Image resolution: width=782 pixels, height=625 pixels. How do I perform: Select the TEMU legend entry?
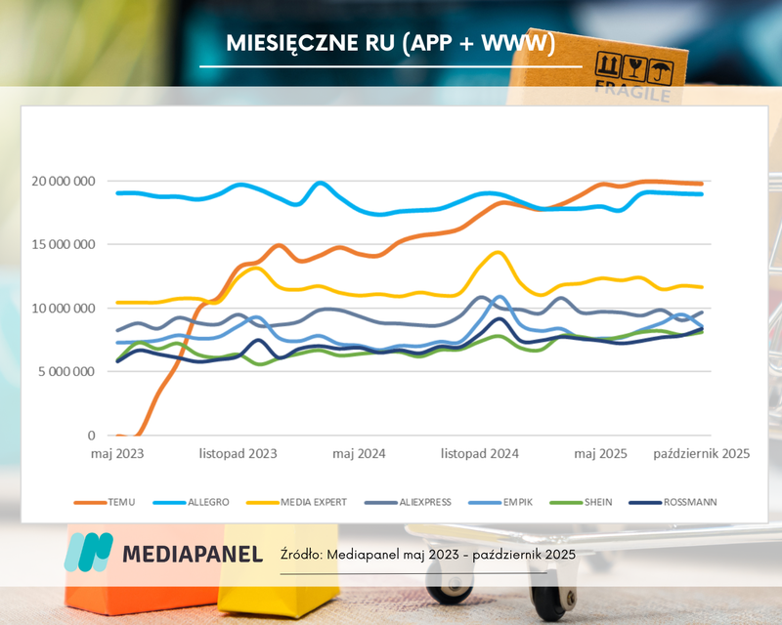[x=118, y=502]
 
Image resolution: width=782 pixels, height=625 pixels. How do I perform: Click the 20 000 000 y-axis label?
[x=63, y=181]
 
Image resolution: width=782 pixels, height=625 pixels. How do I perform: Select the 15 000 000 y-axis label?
[x=63, y=244]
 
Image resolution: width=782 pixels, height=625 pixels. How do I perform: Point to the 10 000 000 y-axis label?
[x=63, y=308]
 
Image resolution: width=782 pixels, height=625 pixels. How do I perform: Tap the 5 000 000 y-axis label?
[x=66, y=371]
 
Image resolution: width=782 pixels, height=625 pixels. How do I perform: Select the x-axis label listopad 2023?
[x=237, y=454]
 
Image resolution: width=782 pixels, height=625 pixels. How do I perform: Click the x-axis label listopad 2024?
[x=479, y=454]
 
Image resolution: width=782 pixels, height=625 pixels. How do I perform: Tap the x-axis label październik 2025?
[x=701, y=454]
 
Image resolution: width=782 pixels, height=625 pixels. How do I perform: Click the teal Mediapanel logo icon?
[x=88, y=553]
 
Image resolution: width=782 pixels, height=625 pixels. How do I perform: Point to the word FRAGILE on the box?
[x=632, y=95]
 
